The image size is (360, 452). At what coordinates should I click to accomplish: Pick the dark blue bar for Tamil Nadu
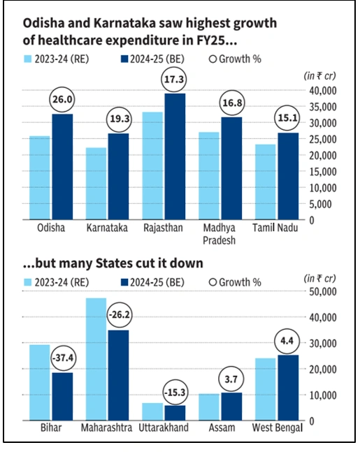tap(284, 175)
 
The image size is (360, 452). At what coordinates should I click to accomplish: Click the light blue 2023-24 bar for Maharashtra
tap(96, 359)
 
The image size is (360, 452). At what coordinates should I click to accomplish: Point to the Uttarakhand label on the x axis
tap(164, 428)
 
